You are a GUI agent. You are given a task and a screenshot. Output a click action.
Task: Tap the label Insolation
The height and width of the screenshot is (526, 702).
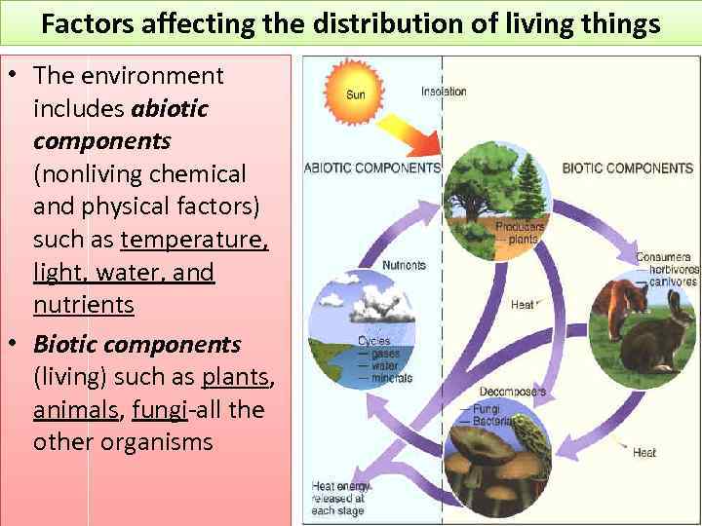point(444,92)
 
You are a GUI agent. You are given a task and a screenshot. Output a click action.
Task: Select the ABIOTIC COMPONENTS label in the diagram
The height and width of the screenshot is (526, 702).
point(372,168)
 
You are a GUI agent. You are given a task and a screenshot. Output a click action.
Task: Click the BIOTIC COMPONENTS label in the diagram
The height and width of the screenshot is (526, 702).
point(627,168)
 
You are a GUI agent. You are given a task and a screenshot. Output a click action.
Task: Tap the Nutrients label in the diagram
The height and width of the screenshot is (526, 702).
point(404,265)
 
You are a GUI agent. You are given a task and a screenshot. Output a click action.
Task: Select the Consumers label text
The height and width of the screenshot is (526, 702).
point(663,257)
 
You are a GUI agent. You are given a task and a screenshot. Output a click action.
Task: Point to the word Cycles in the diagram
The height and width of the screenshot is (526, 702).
point(373,341)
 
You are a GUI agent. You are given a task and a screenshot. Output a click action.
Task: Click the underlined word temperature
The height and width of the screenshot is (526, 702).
point(194,239)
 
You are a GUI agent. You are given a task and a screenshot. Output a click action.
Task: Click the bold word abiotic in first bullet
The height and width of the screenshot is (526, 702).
point(170,108)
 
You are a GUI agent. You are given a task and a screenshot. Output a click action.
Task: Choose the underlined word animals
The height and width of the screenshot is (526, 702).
point(76,409)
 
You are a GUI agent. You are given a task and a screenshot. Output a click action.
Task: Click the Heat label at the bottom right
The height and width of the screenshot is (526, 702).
point(643,453)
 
